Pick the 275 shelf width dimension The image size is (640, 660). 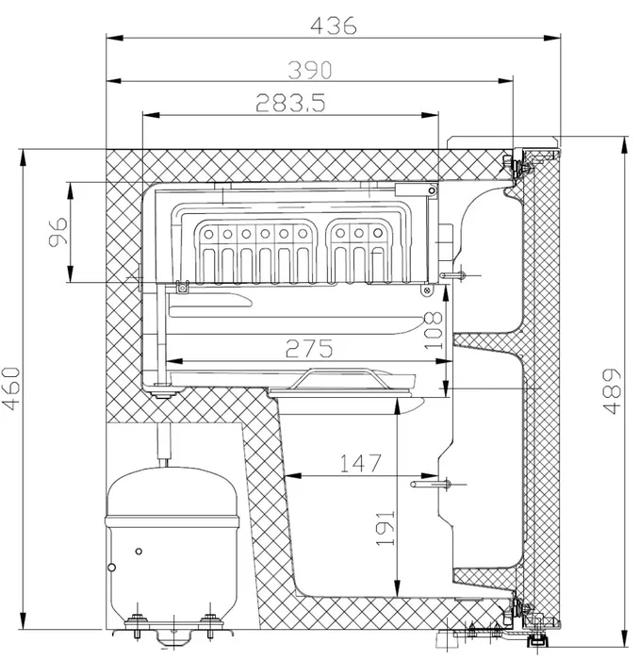pyautogui.click(x=306, y=349)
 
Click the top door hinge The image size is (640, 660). pyautogui.click(x=516, y=164)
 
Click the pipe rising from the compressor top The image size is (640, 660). pyautogui.click(x=166, y=444)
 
